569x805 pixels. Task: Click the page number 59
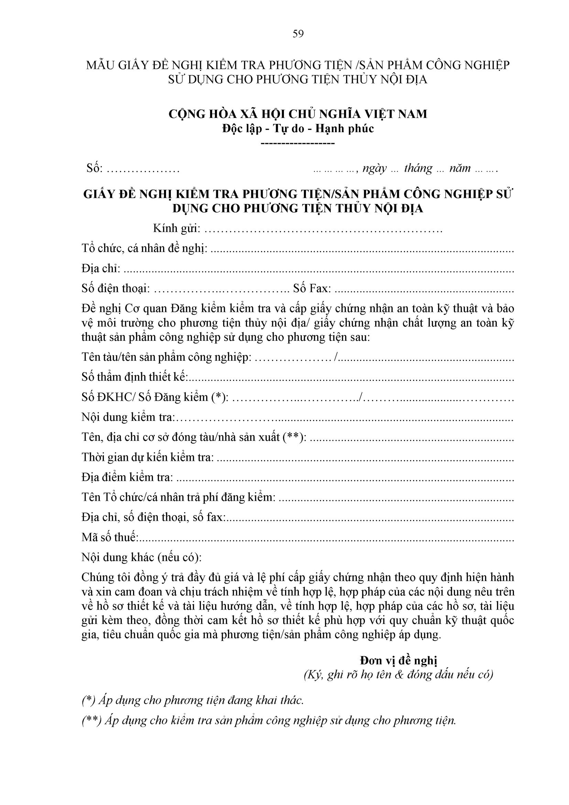[x=298, y=34]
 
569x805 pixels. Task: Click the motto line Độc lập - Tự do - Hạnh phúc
[x=298, y=128]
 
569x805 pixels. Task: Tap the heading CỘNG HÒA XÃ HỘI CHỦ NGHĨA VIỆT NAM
[x=298, y=114]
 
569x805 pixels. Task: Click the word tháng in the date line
[x=418, y=168]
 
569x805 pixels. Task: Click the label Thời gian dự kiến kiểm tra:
[x=147, y=457]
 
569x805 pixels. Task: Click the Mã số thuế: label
[x=110, y=537]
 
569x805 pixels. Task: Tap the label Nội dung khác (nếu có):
[x=142, y=558]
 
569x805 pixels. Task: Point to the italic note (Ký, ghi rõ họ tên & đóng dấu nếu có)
[x=398, y=675]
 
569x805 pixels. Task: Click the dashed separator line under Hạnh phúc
[x=298, y=143]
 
